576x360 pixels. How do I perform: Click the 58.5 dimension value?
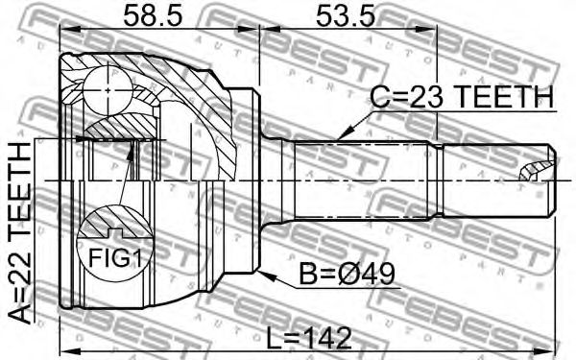pos(153,15)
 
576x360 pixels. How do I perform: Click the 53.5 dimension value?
pos(346,15)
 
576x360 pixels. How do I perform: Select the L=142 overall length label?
pos(309,338)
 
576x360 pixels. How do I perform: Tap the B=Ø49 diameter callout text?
pos(347,274)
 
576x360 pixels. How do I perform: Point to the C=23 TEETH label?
pos(462,97)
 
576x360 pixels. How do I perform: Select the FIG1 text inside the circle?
pos(115,258)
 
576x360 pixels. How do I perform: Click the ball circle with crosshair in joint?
pos(108,90)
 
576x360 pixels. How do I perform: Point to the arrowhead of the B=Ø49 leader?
pos(266,276)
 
